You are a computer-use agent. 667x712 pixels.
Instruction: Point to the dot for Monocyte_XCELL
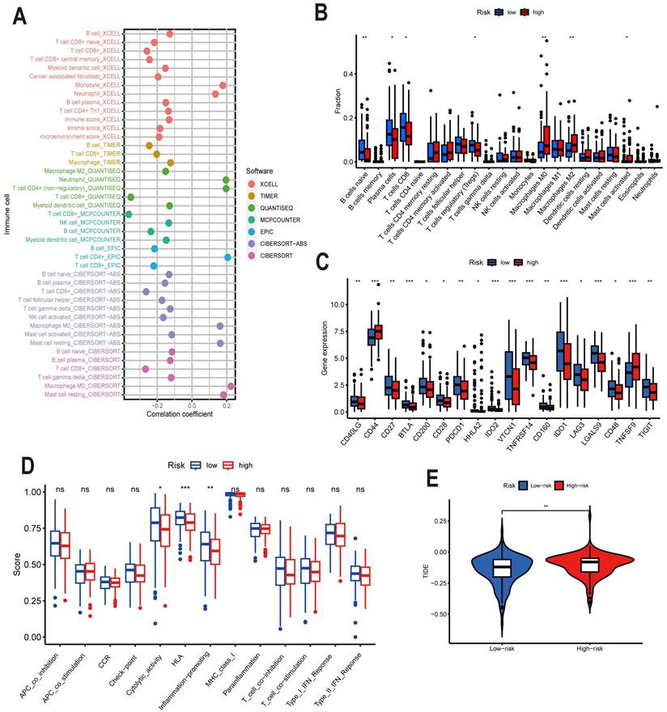pos(223,85)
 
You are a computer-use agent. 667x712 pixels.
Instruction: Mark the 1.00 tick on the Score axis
pos(32,492)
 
